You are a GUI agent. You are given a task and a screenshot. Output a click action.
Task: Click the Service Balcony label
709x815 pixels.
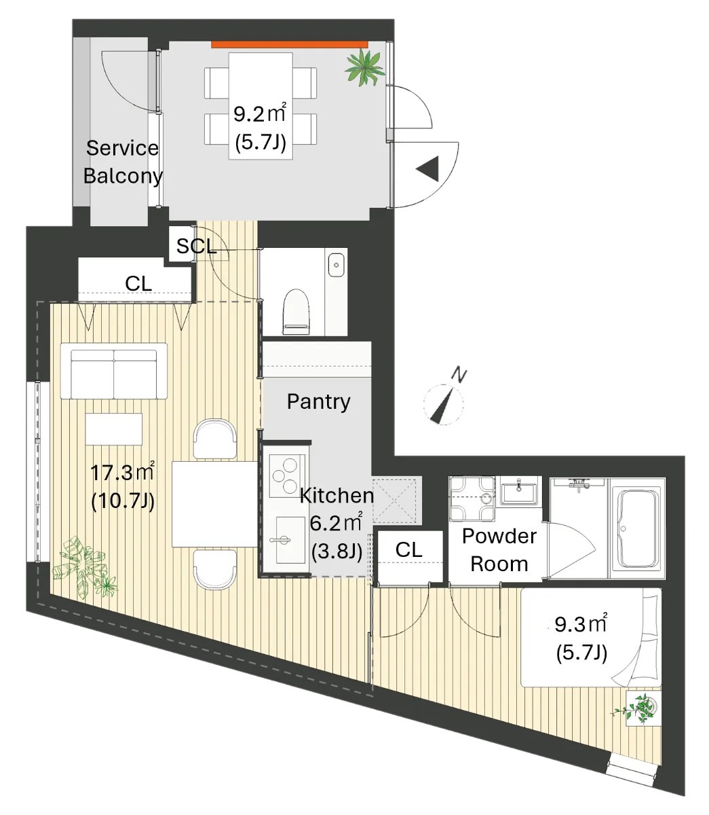[x=123, y=162]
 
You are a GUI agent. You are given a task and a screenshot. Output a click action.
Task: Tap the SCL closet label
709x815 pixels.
[x=196, y=246]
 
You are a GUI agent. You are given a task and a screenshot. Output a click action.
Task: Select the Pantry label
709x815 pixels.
[x=319, y=401]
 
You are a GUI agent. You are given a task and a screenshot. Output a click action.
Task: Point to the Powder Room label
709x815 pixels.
[x=499, y=550]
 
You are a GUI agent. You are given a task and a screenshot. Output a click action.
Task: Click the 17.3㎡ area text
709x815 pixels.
[x=122, y=473]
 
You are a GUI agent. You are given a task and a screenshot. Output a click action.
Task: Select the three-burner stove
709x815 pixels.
[x=284, y=476]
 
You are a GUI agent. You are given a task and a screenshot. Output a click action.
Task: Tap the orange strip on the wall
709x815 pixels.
[x=289, y=44]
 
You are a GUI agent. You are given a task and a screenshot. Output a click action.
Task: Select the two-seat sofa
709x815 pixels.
[x=114, y=371]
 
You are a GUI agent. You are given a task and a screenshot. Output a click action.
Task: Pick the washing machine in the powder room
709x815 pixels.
[x=472, y=499]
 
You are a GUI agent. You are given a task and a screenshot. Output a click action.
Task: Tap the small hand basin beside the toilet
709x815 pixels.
[x=337, y=264]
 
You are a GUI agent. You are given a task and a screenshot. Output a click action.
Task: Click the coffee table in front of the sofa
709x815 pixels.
[x=114, y=429]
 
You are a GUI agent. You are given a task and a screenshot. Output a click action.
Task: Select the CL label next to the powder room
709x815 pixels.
[x=408, y=549]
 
